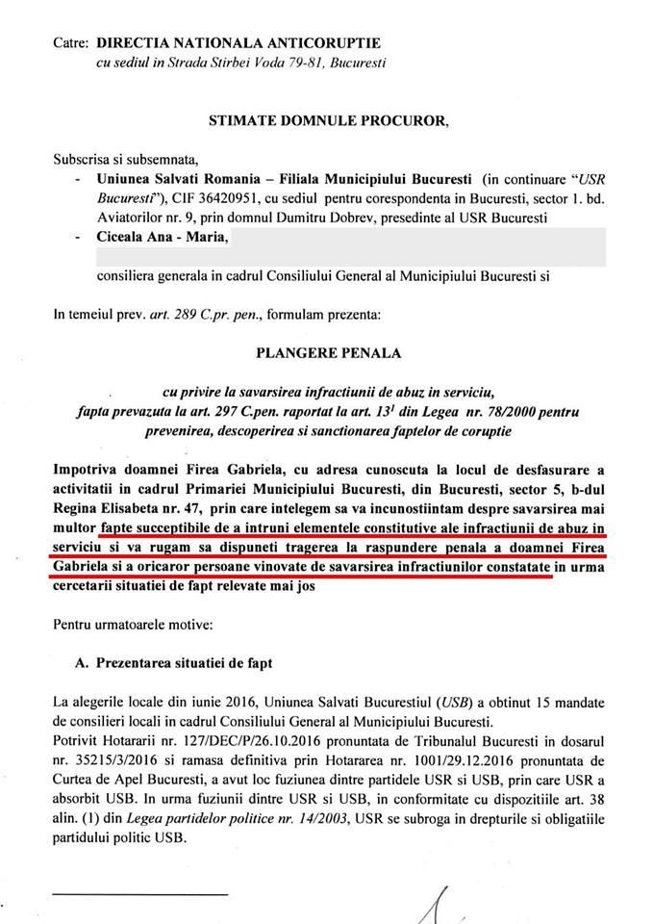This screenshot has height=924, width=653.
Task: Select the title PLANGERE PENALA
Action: [x=328, y=352]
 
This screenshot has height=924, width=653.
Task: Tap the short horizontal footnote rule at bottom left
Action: [x=138, y=891]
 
